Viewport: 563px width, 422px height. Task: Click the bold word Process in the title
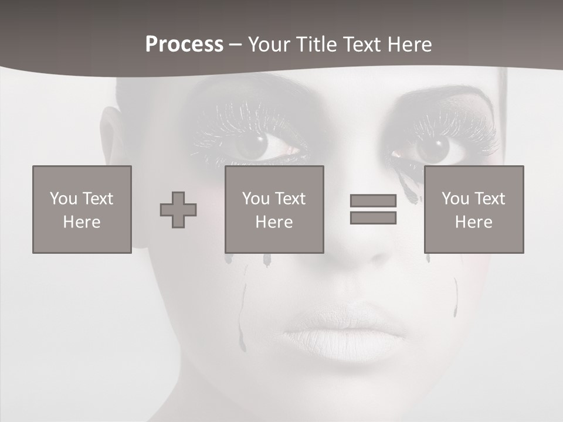(184, 45)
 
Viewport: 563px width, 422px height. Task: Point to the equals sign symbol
(373, 209)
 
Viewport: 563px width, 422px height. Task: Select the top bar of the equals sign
(373, 201)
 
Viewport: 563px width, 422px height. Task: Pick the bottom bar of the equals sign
(373, 217)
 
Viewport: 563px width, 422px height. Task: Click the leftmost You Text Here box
(82, 209)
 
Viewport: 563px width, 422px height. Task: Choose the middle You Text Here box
(274, 209)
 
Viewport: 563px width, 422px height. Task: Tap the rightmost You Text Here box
(473, 209)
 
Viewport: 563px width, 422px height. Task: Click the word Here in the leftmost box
(82, 222)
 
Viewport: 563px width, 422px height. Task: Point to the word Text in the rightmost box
(490, 199)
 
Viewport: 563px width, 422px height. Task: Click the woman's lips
(344, 334)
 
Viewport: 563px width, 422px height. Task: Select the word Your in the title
(269, 45)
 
